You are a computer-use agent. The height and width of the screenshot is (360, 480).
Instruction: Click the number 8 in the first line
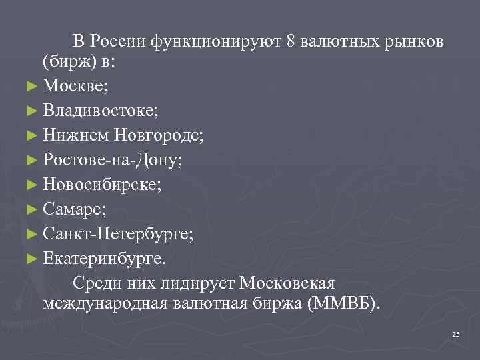click(x=290, y=41)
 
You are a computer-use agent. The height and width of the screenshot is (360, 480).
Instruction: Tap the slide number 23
click(x=456, y=333)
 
